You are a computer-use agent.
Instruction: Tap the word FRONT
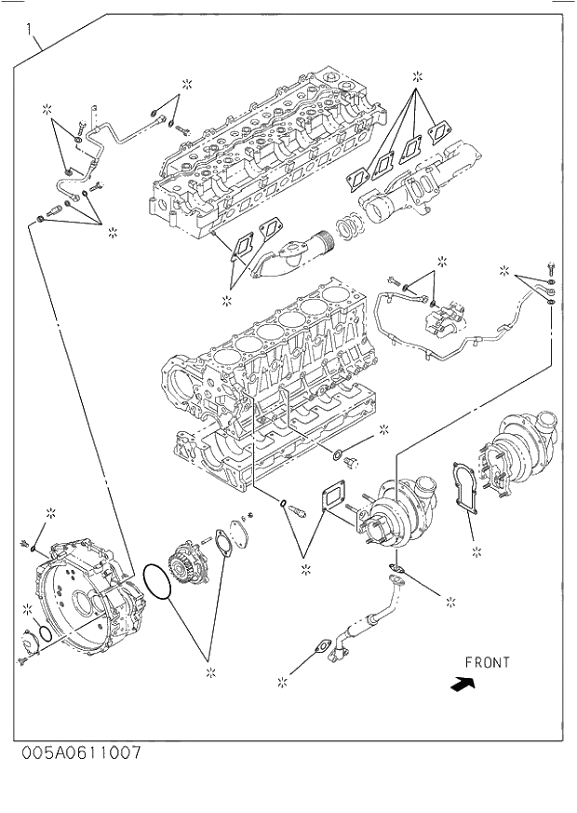(488, 663)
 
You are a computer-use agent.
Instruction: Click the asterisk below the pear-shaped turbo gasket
(476, 551)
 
